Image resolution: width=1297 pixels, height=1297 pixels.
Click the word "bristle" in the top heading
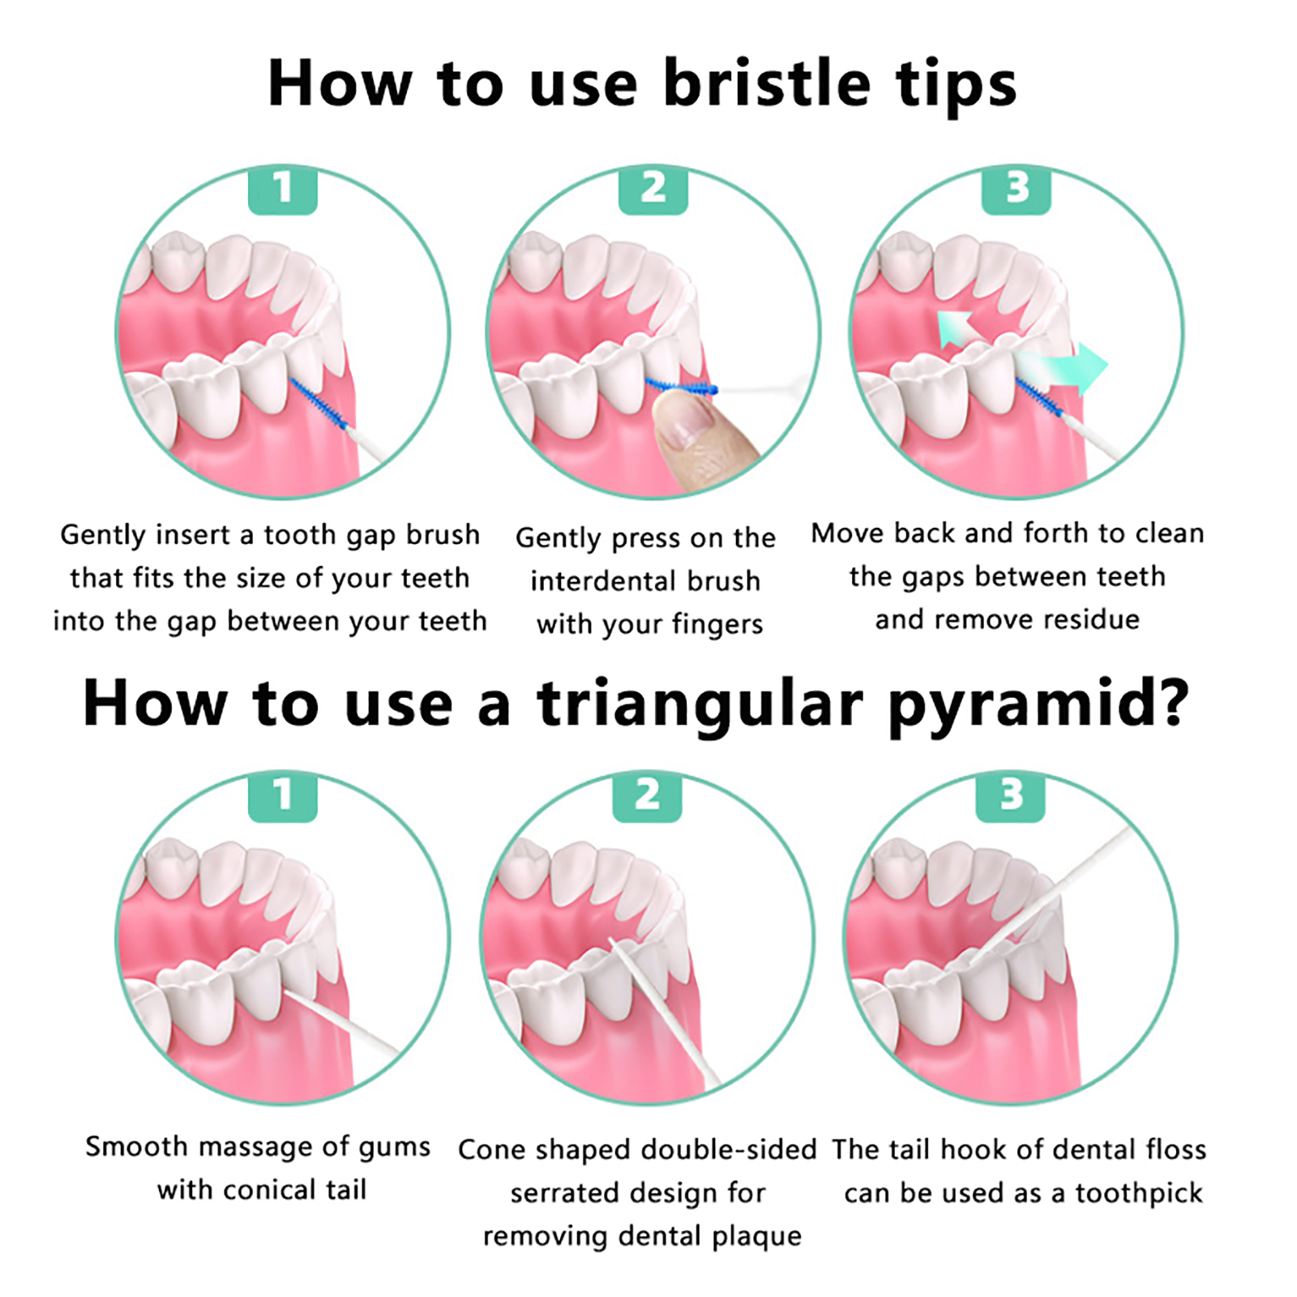(x=767, y=83)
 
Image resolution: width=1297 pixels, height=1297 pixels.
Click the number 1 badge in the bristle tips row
(x=282, y=190)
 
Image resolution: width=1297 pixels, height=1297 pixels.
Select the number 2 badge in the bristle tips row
(x=653, y=190)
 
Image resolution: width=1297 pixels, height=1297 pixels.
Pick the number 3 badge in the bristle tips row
(x=1017, y=190)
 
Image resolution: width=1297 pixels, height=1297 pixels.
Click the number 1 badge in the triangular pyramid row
(x=282, y=796)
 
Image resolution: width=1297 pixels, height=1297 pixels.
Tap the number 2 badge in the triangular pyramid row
(x=647, y=796)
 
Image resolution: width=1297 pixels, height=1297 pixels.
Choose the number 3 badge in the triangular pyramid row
(x=1011, y=796)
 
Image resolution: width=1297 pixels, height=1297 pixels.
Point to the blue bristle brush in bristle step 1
(x=318, y=403)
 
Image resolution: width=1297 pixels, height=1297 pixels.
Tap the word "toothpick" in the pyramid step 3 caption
(x=1139, y=1194)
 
